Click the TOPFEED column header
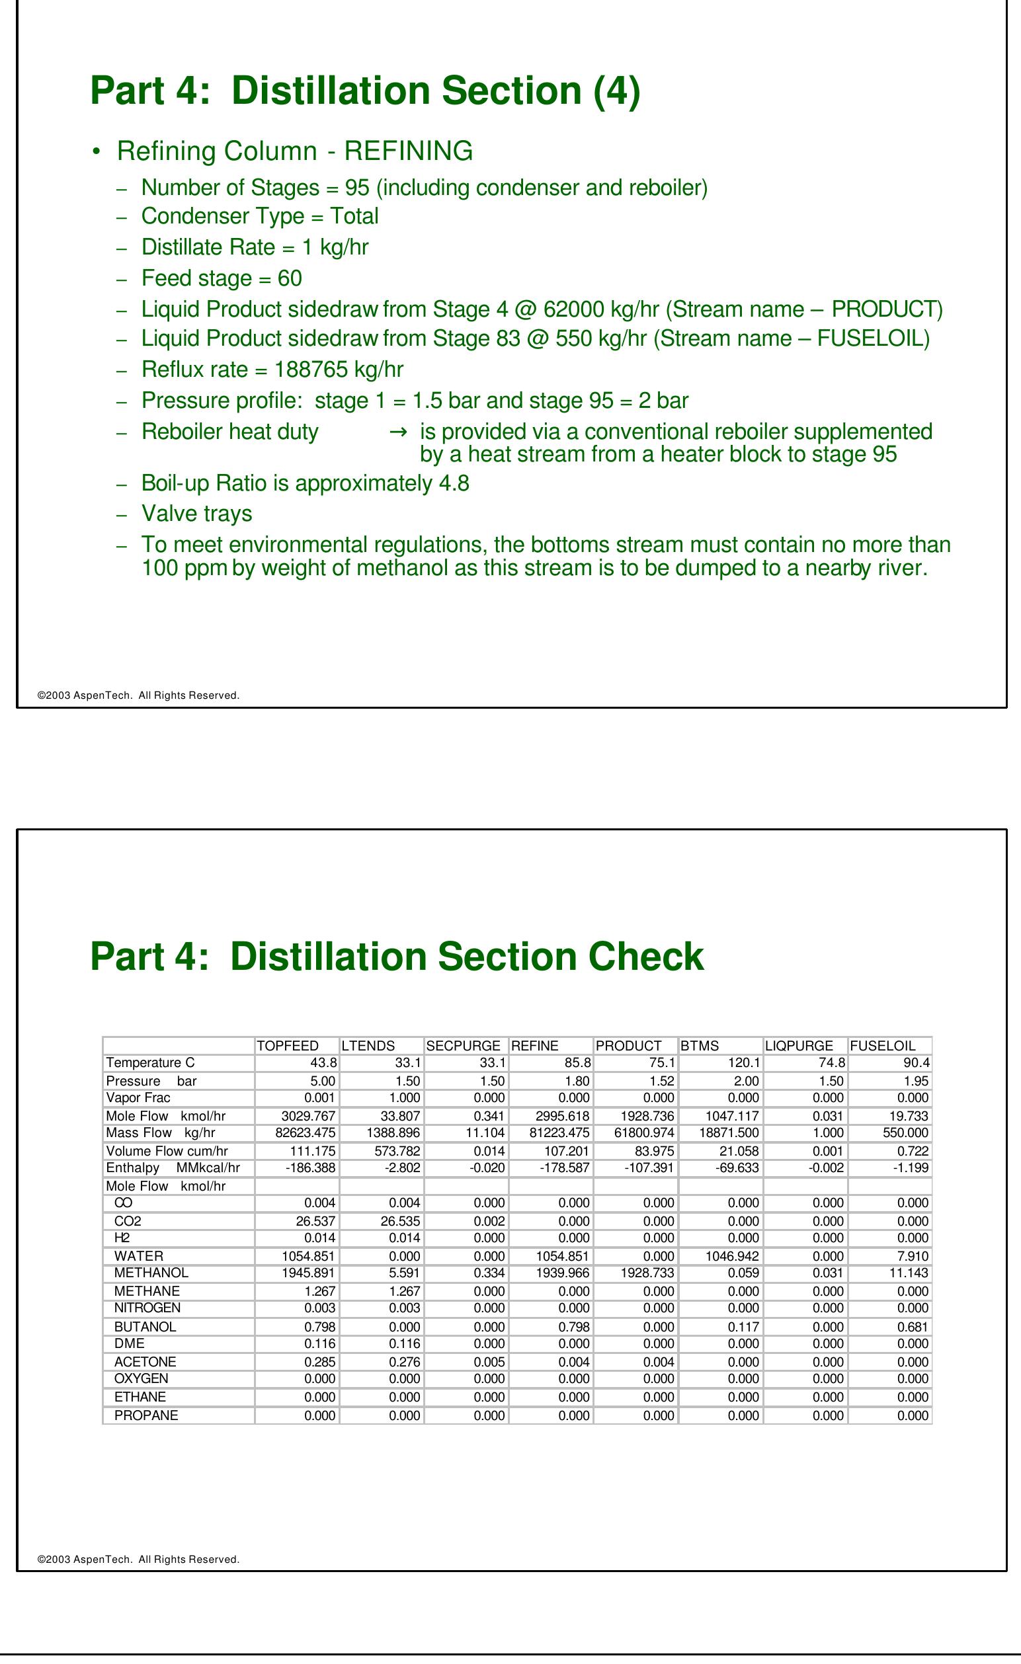pos(287,1045)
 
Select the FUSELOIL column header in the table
pos(882,1045)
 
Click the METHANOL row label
pos(151,1273)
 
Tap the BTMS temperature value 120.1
pos(743,1062)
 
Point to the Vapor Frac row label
pos(138,1097)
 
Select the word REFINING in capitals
pos(408,151)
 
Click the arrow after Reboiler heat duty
pos(398,432)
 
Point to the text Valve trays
pos(196,513)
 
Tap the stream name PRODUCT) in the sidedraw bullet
pos(887,309)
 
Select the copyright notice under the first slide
pos(138,695)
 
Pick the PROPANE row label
pos(146,1415)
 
